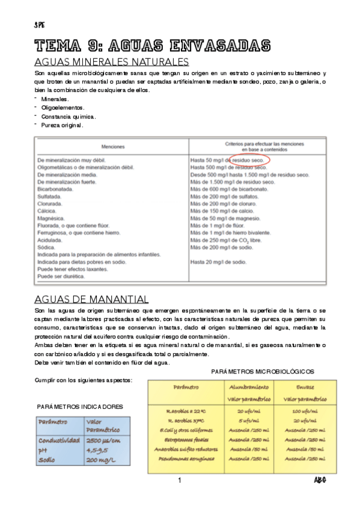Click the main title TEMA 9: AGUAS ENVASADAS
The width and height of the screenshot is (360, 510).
pyautogui.click(x=153, y=46)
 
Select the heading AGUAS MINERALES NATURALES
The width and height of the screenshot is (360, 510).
pyautogui.click(x=112, y=62)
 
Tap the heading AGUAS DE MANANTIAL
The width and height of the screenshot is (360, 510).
pyautogui.click(x=92, y=299)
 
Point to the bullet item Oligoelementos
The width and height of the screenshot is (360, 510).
pyautogui.click(x=63, y=107)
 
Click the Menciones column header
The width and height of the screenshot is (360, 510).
pyautogui.click(x=113, y=146)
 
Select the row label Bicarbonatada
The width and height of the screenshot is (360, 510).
pyautogui.click(x=55, y=188)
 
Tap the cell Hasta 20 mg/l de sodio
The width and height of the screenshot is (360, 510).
pyautogui.click(x=218, y=262)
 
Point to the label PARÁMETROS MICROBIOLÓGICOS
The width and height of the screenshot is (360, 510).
pyautogui.click(x=263, y=372)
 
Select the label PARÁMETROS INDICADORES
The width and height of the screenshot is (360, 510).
pyautogui.click(x=81, y=407)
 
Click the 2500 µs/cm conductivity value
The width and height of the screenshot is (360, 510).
pyautogui.click(x=106, y=441)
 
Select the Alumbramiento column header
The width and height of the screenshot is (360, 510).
pyautogui.click(x=249, y=387)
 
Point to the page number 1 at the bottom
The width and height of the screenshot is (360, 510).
pyautogui.click(x=179, y=480)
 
